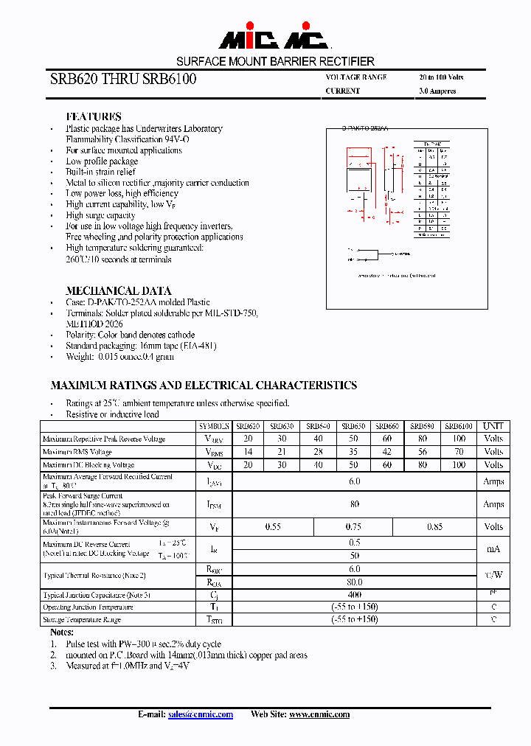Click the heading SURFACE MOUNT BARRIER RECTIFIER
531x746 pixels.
click(x=275, y=62)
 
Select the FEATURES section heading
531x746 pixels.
click(x=94, y=116)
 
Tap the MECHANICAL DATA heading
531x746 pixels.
click(x=119, y=290)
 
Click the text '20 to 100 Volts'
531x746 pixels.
click(x=441, y=77)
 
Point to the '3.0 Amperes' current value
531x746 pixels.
click(x=437, y=91)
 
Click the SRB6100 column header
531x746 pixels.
click(x=459, y=426)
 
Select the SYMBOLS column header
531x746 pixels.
click(x=214, y=426)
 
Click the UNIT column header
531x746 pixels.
click(x=493, y=426)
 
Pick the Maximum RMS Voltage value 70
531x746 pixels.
click(x=459, y=452)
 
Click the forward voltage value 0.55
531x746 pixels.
click(x=274, y=526)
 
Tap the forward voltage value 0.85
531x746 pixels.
click(x=436, y=526)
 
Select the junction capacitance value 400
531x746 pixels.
click(x=355, y=594)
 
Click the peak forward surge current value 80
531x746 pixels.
click(x=355, y=504)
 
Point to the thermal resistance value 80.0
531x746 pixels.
click(x=355, y=582)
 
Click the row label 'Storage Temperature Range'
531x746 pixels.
click(x=82, y=620)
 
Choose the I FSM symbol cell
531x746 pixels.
click(x=214, y=505)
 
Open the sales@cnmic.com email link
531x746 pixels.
click(x=201, y=714)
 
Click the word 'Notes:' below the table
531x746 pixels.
click(x=62, y=632)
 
